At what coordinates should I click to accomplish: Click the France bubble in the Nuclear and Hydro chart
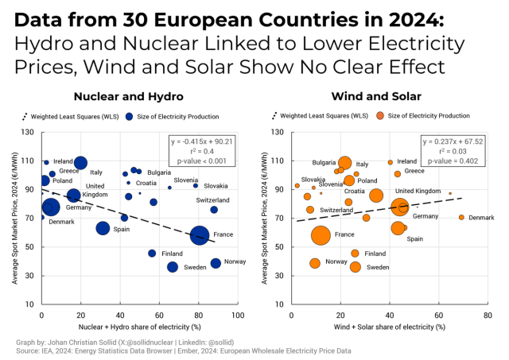pyautogui.click(x=200, y=235)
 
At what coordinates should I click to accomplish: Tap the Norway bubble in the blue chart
pyautogui.click(x=216, y=263)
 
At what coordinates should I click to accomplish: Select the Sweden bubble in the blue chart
pyautogui.click(x=173, y=267)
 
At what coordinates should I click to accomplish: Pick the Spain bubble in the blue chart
pyautogui.click(x=103, y=228)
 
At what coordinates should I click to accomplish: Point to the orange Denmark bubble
pyautogui.click(x=461, y=217)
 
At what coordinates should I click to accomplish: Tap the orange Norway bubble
pyautogui.click(x=315, y=263)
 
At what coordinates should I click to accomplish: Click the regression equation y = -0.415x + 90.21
pyautogui.click(x=202, y=141)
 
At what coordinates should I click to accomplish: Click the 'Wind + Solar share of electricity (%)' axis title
pyautogui.click(x=389, y=327)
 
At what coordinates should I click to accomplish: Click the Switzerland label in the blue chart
pyautogui.click(x=212, y=199)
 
